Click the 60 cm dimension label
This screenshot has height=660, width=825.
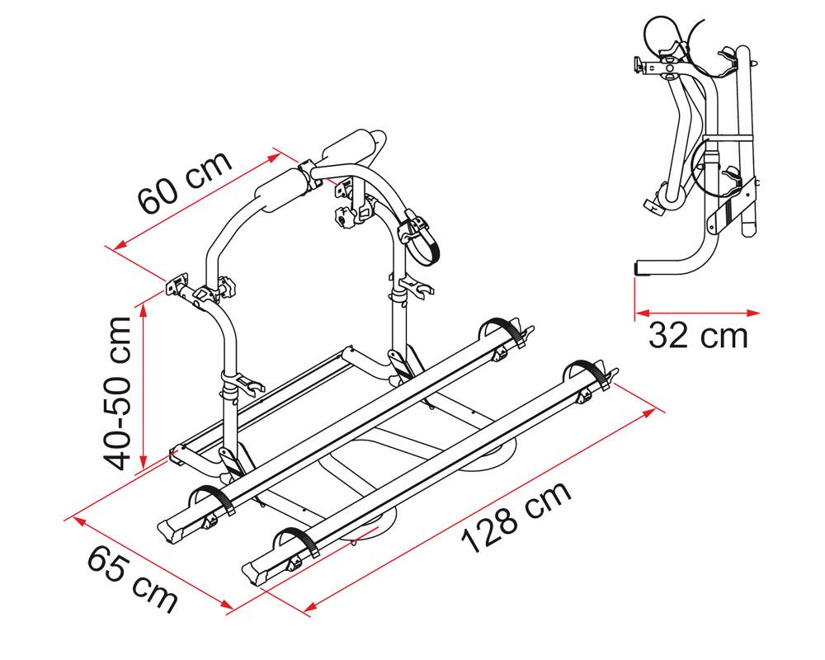(x=185, y=181)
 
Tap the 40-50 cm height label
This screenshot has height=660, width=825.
(x=117, y=393)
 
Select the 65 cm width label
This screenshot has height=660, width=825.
(x=132, y=579)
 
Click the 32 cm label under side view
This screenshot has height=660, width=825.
(x=698, y=335)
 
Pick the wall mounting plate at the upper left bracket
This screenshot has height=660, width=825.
(x=177, y=283)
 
